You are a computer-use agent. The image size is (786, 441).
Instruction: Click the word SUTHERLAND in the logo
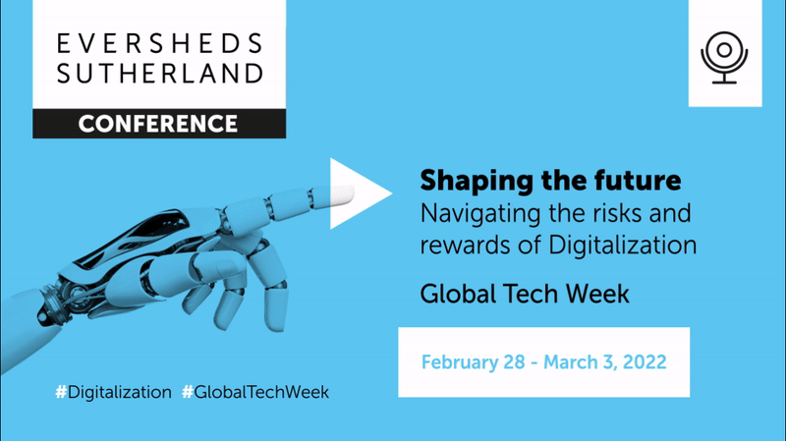159,74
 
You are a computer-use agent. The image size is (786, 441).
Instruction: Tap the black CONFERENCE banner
158,124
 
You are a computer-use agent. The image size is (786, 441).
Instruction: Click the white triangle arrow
356,193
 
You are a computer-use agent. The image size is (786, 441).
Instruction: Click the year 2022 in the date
642,361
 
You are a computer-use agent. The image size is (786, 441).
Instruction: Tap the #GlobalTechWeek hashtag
255,392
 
